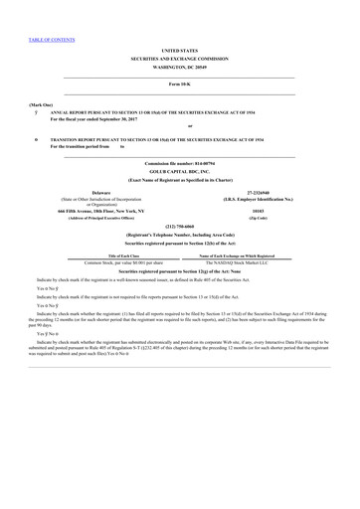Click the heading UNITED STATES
(x=179, y=48)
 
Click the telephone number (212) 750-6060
(x=179, y=225)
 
